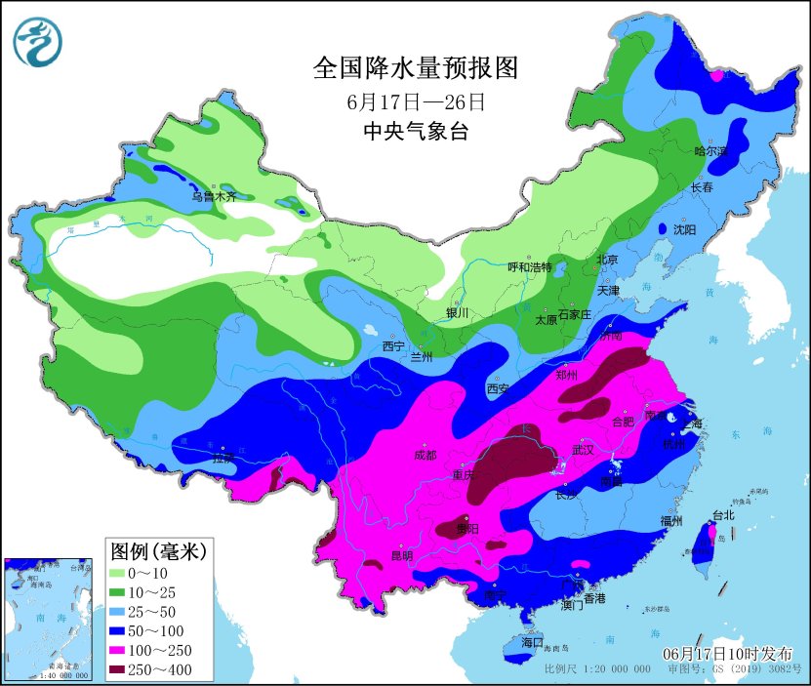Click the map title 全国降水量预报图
(414, 67)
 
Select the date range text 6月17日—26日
(415, 101)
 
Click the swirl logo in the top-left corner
(37, 42)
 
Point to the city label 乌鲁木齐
(213, 196)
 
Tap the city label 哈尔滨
(710, 151)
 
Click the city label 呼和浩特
(529, 267)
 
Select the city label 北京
(607, 261)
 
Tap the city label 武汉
(583, 450)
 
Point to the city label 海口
(531, 643)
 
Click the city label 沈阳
(684, 230)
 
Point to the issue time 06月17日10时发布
(728, 653)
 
